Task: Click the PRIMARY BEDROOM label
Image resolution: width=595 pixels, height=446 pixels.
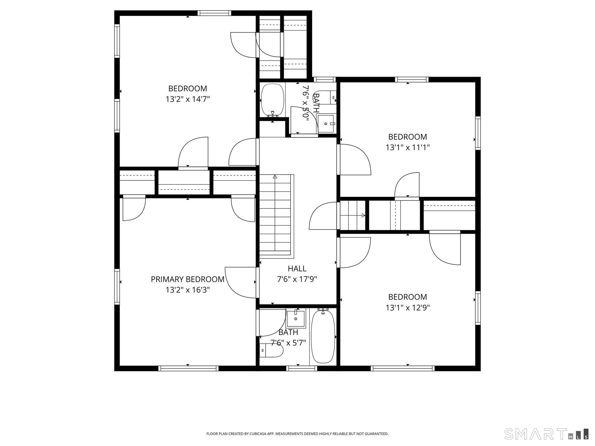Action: click(188, 279)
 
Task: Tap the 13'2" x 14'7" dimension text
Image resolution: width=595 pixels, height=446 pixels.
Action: click(188, 99)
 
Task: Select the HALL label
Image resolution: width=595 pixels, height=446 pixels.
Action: click(297, 269)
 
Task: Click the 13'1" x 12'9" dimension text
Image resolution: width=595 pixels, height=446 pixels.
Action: click(408, 308)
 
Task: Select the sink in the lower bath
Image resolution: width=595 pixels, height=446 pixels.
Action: click(296, 319)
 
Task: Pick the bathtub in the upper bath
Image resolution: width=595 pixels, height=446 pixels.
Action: click(273, 100)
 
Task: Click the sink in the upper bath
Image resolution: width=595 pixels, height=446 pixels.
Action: click(326, 124)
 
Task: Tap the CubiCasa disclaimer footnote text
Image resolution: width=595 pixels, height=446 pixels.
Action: click(297, 434)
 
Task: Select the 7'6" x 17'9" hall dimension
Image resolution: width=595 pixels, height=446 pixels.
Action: click(297, 279)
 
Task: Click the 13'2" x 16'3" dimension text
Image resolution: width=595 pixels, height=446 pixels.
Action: click(188, 290)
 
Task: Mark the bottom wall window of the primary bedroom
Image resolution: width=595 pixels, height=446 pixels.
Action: click(189, 368)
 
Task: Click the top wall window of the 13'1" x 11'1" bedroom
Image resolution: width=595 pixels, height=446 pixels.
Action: click(412, 79)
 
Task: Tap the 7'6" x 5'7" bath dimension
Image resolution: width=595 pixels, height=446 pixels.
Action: click(288, 343)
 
